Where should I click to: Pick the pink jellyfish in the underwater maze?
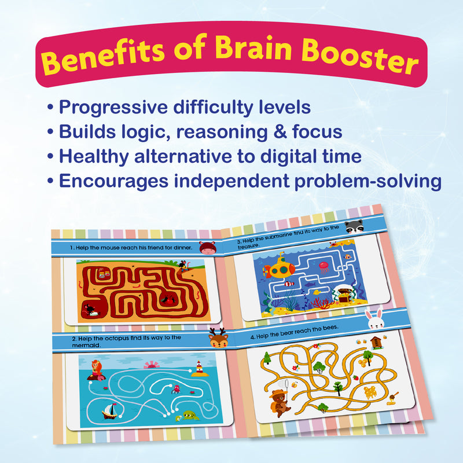pyautogui.click(x=324, y=267)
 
